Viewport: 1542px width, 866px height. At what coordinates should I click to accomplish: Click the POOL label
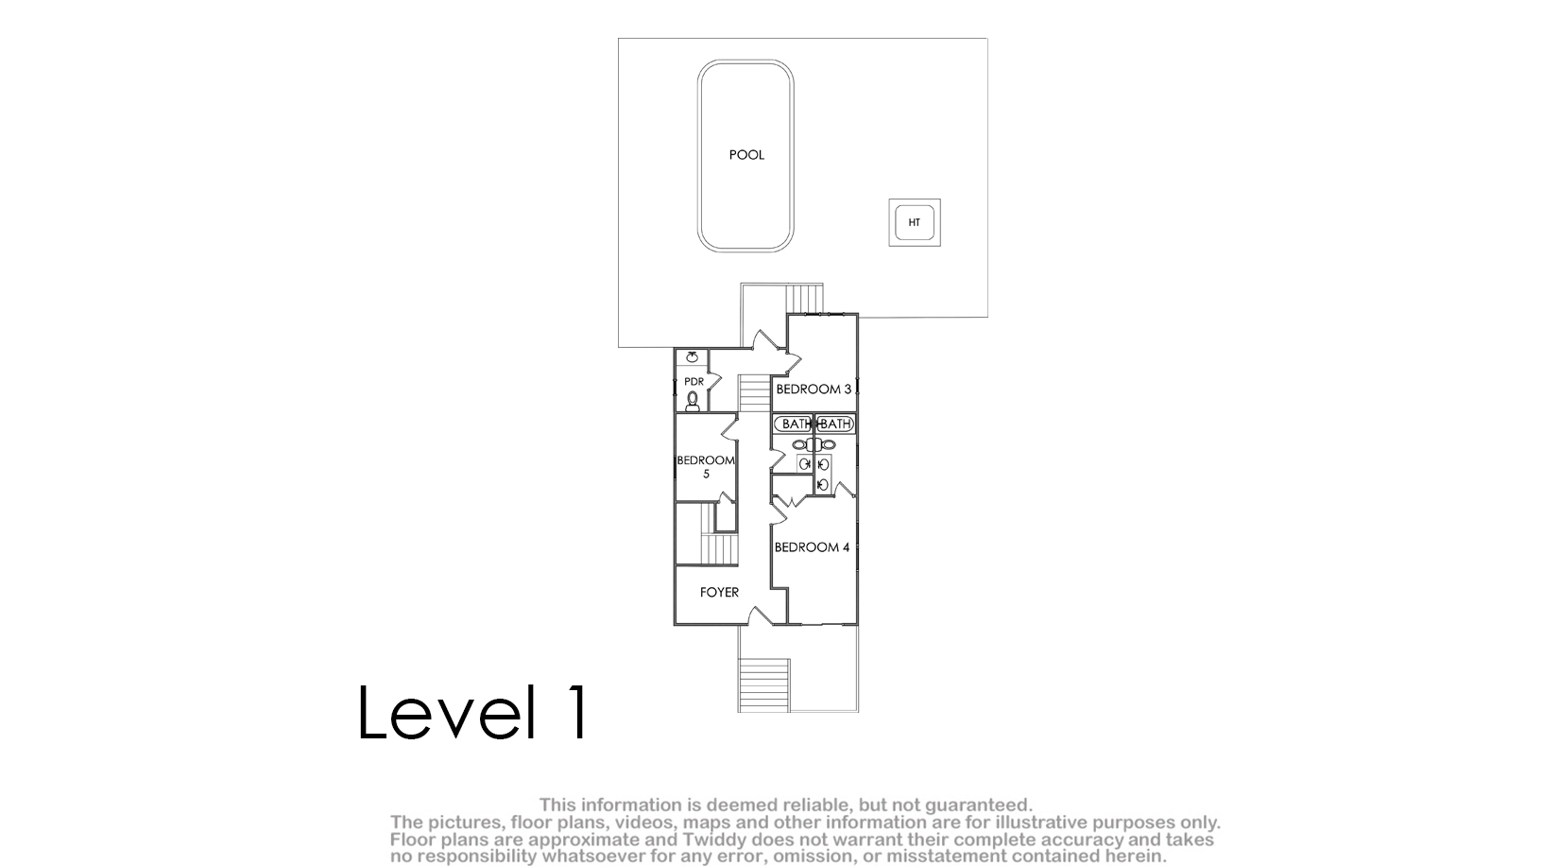pyautogui.click(x=746, y=155)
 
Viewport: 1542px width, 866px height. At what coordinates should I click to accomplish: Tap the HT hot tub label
pyautogui.click(x=915, y=222)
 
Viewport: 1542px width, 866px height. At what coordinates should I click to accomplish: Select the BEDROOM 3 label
pyautogui.click(x=814, y=390)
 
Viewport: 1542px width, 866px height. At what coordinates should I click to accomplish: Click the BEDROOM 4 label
pyautogui.click(x=812, y=547)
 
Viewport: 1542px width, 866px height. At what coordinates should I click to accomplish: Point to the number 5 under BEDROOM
pyautogui.click(x=706, y=474)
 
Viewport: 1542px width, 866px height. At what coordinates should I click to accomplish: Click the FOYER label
pyautogui.click(x=719, y=593)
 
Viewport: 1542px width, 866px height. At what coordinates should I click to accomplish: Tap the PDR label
pyautogui.click(x=694, y=382)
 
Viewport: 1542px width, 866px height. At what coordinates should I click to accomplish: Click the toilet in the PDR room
pyautogui.click(x=693, y=401)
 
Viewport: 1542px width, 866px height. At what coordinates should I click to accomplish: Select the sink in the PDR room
pyautogui.click(x=692, y=356)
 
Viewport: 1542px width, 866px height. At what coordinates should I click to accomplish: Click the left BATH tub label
pyautogui.click(x=796, y=424)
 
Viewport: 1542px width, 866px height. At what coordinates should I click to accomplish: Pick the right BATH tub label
pyautogui.click(x=835, y=424)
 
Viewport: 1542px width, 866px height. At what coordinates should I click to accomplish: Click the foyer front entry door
pyautogui.click(x=760, y=615)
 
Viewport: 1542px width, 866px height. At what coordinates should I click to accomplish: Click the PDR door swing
pyautogui.click(x=714, y=381)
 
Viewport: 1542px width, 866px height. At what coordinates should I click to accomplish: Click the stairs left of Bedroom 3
pyautogui.click(x=755, y=393)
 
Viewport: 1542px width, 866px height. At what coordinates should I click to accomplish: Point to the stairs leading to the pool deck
pyautogui.click(x=804, y=299)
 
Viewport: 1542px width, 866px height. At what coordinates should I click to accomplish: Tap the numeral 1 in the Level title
pyautogui.click(x=578, y=712)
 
